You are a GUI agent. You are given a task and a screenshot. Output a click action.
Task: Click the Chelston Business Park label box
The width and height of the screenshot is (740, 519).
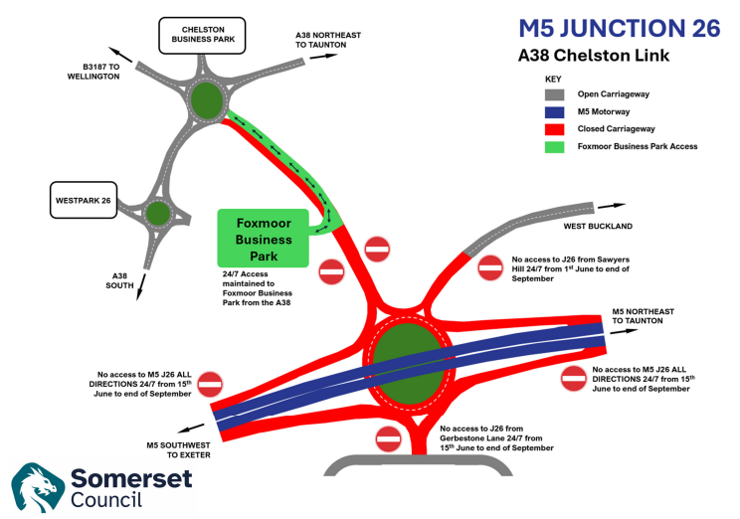point(203,36)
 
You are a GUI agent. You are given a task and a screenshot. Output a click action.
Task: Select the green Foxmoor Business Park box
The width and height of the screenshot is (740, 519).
point(264,239)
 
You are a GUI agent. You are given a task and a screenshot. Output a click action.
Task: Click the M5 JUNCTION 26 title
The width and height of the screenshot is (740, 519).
point(620,28)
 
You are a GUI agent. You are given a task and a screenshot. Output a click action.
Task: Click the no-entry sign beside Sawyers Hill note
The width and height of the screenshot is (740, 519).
point(490,266)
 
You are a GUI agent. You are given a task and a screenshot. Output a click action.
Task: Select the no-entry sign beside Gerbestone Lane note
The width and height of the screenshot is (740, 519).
point(388,437)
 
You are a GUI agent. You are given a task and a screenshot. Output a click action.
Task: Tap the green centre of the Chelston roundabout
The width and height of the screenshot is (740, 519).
point(206,99)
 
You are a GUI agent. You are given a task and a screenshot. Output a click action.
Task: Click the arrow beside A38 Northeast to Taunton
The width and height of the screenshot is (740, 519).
point(324,57)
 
